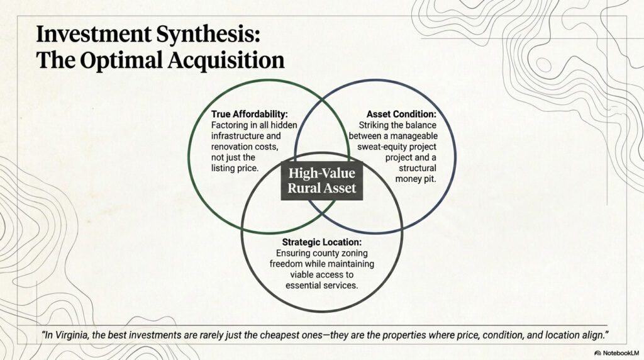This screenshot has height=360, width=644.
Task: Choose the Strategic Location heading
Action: (321, 241)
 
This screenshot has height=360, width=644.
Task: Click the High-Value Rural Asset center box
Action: (321, 181)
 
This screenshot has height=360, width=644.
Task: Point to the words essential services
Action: (321, 285)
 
